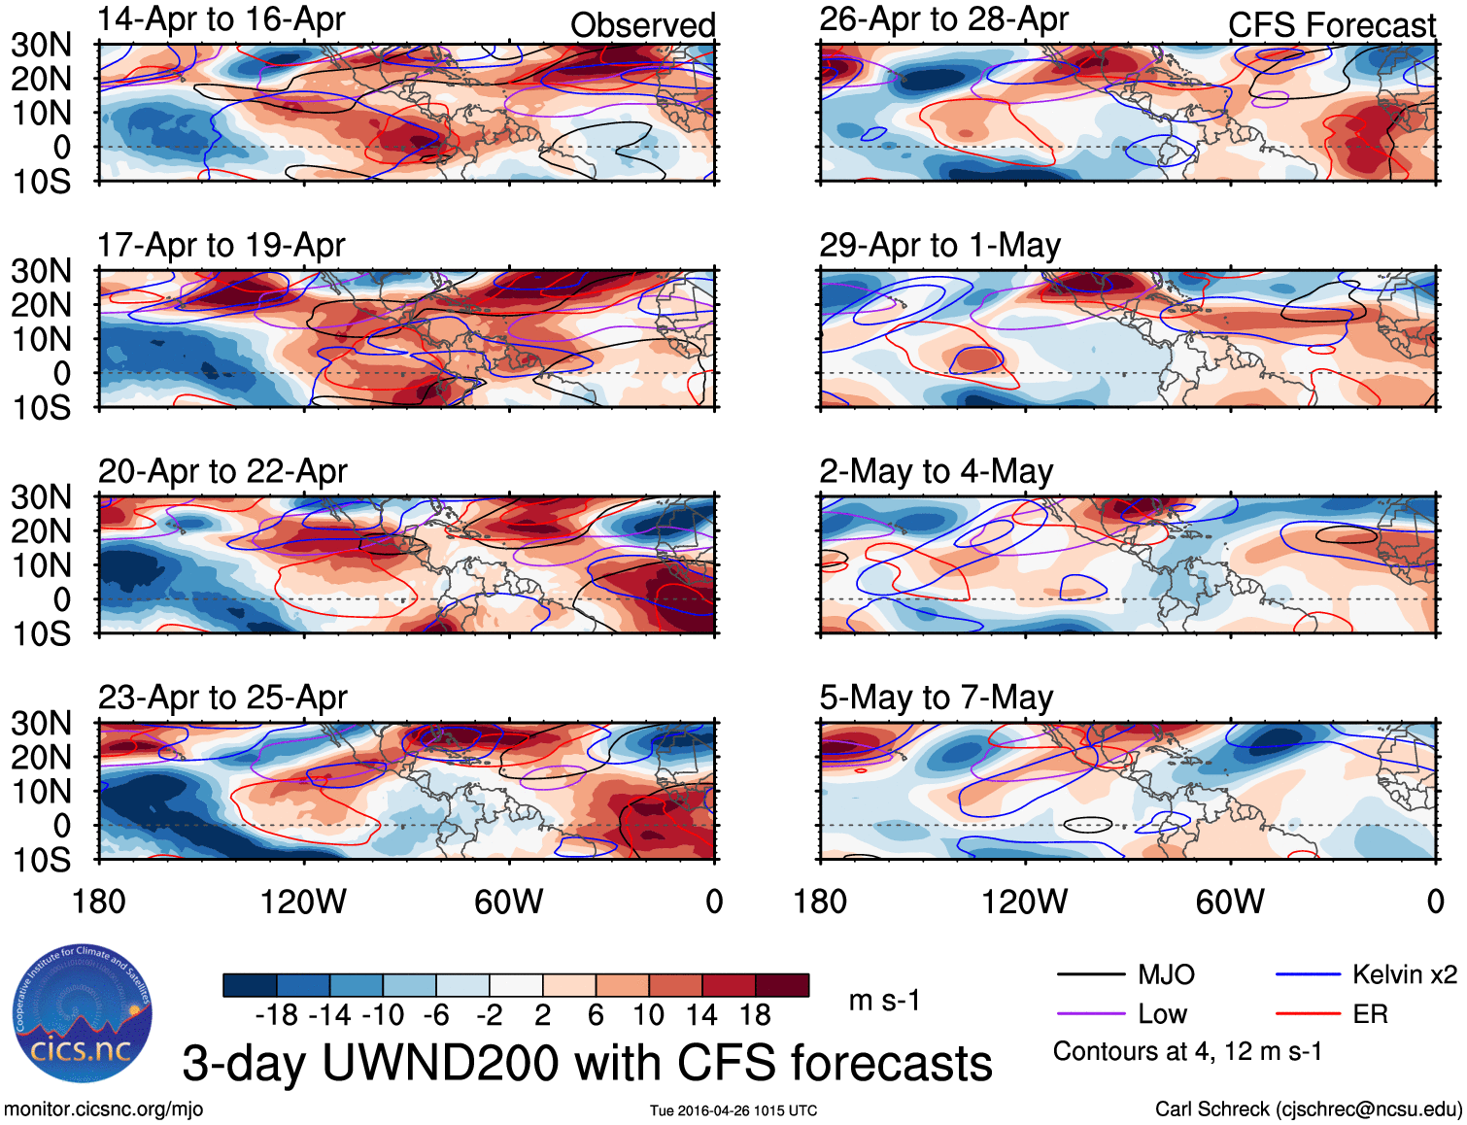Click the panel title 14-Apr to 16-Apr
[x=222, y=19]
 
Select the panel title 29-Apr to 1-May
[x=939, y=246]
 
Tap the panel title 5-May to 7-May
[x=936, y=698]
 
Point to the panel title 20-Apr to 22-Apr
[x=222, y=472]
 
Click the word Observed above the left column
[x=642, y=25]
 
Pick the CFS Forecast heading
[x=1331, y=25]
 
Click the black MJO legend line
[x=1090, y=974]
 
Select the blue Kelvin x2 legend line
[x=1308, y=974]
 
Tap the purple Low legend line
[x=1090, y=1014]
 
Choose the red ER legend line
[x=1308, y=1014]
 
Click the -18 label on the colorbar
[x=277, y=1015]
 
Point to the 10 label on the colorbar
[x=648, y=1015]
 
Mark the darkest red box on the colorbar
[x=782, y=985]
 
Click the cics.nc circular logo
[x=82, y=1014]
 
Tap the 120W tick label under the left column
[x=303, y=902]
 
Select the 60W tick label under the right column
[x=1230, y=902]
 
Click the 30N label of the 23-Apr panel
[x=41, y=724]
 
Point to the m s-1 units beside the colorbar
[x=884, y=1001]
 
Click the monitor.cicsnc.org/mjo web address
[x=104, y=1109]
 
